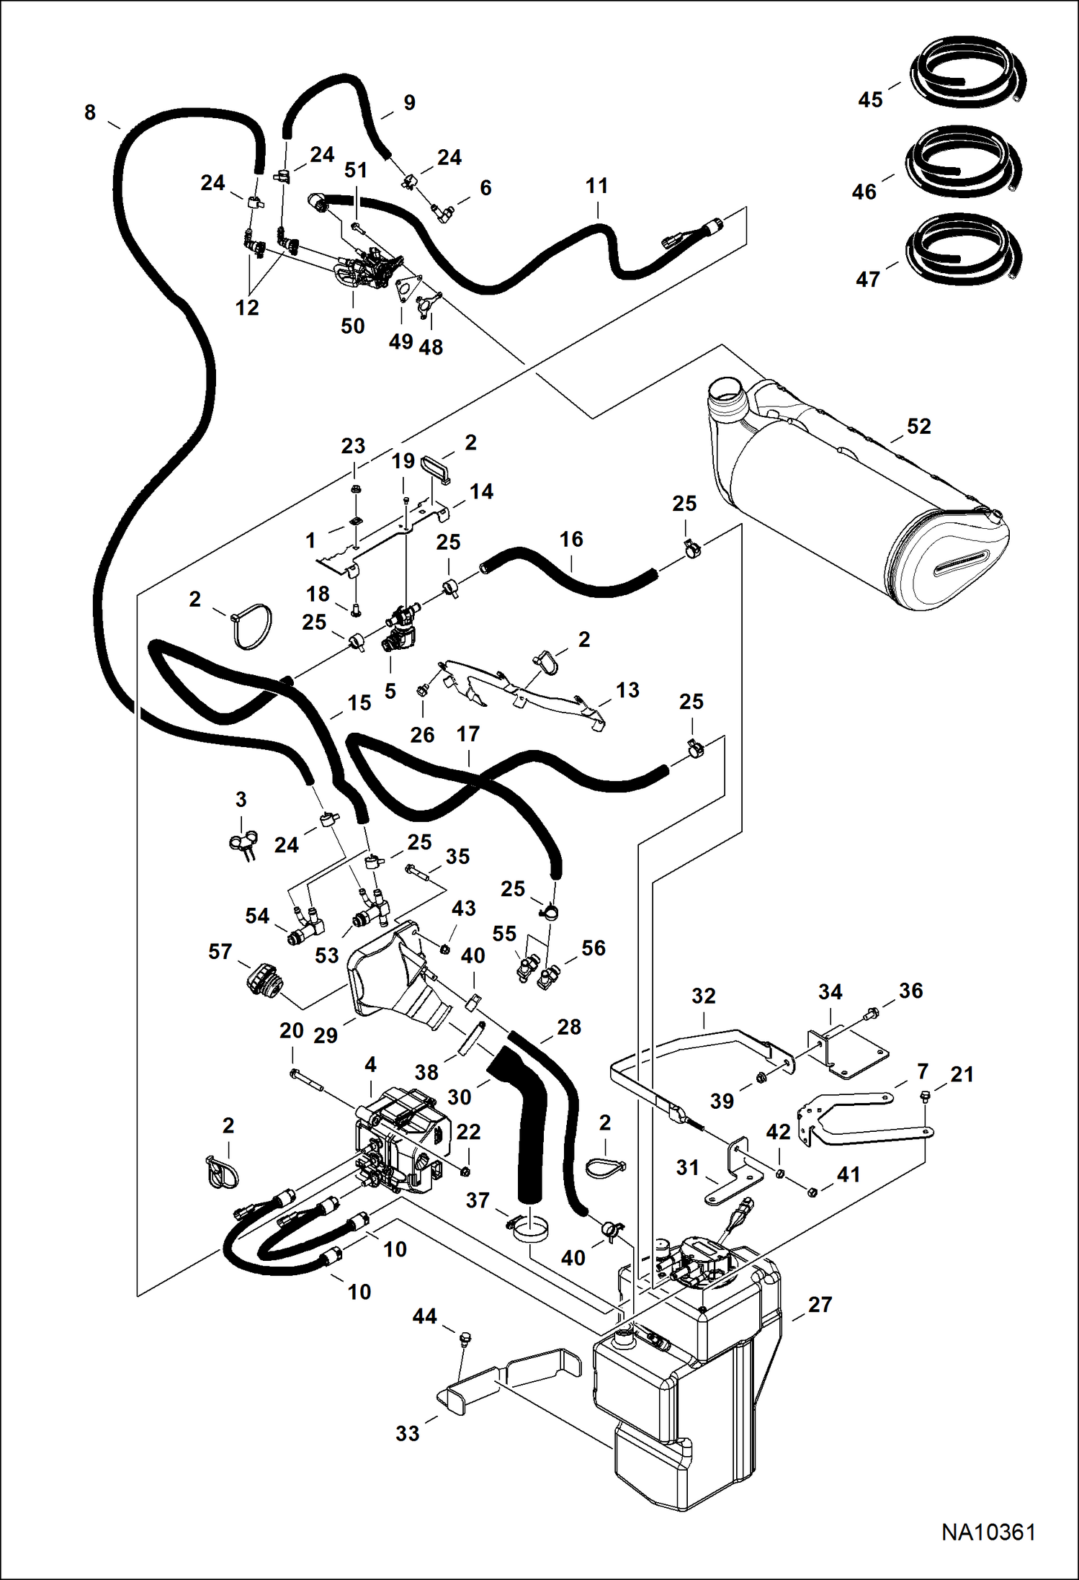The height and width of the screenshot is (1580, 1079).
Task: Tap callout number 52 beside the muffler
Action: pos(918,426)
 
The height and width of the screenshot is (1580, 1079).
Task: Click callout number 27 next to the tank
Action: pos(820,1304)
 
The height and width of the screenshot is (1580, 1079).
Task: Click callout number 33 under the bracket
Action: pos(407,1433)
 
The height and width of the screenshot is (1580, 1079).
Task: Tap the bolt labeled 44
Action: pos(464,1339)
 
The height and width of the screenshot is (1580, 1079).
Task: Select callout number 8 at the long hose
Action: pos(90,112)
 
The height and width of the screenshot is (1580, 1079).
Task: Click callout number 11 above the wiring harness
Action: pos(596,186)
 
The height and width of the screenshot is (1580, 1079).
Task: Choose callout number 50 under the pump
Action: pos(352,326)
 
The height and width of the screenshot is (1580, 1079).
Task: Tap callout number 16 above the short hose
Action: pos(571,539)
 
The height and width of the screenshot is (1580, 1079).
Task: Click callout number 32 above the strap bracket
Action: pos(703,996)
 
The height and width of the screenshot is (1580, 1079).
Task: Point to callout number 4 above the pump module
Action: pos(370,1064)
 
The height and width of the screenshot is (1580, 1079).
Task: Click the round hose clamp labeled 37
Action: pos(529,1228)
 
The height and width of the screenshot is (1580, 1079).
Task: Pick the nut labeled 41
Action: pos(812,1191)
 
